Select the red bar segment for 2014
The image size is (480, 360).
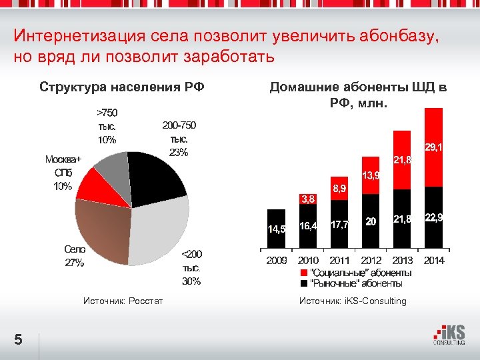tap(433, 147)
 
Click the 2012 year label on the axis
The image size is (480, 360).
tap(371, 260)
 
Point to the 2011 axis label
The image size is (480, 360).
tap(340, 260)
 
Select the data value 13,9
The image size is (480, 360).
tap(371, 175)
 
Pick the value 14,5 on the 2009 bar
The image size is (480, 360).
tap(277, 229)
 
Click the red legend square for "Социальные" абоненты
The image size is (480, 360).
tap(304, 273)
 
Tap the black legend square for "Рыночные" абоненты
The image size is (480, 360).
tap(304, 283)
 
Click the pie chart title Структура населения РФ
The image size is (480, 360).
tap(122, 87)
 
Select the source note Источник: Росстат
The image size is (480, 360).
tap(123, 301)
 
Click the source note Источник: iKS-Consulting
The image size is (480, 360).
tap(353, 301)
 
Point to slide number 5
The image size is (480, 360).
tap(19, 340)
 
